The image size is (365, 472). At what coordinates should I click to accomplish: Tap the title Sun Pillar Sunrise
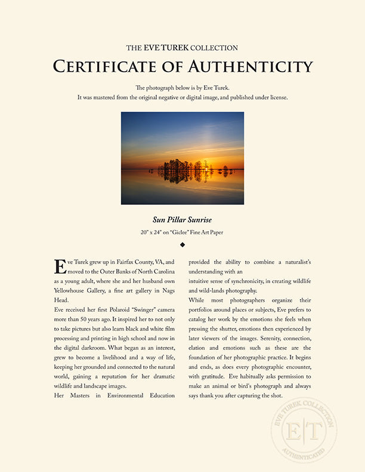182,220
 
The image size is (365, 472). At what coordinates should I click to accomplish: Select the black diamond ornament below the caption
182,244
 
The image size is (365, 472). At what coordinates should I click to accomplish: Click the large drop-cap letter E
60,266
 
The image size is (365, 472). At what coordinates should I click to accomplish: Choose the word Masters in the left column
80,396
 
